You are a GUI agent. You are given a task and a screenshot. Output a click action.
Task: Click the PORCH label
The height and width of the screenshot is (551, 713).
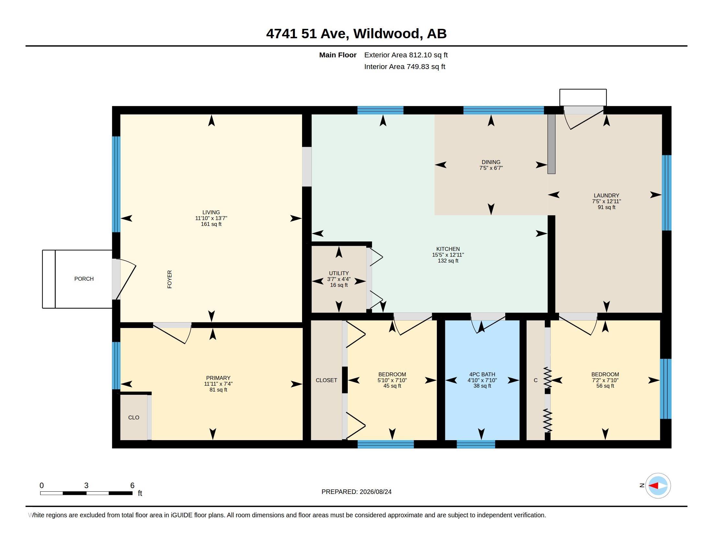84,279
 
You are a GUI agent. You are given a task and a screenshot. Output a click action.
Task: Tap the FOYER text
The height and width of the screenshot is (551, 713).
169,279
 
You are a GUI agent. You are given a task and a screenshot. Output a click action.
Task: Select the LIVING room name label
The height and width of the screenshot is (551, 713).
211,212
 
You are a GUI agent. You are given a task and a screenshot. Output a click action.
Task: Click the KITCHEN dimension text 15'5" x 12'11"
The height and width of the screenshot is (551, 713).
448,255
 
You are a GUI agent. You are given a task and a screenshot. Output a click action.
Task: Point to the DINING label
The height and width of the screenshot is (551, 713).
491,162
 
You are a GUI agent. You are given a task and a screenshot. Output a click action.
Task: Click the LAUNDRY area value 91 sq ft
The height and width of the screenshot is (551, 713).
606,207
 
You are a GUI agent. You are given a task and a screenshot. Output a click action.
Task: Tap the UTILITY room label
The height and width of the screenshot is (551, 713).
339,273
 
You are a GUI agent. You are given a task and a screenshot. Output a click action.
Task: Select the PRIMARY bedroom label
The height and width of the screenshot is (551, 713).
218,378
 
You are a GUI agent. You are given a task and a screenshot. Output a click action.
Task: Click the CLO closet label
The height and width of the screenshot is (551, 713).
134,417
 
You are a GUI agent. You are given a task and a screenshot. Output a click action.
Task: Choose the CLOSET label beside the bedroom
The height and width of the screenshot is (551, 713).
326,380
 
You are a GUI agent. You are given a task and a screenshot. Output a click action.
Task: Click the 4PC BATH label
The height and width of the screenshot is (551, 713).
482,374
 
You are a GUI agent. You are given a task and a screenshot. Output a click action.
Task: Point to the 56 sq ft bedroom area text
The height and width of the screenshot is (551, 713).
605,386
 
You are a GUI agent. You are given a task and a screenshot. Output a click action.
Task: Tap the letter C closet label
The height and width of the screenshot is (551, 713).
535,380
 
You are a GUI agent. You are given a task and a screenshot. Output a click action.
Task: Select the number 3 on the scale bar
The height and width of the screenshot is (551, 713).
86,486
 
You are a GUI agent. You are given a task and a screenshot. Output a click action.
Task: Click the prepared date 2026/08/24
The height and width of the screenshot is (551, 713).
375,492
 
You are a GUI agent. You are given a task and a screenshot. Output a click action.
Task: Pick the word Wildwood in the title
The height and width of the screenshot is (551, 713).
386,34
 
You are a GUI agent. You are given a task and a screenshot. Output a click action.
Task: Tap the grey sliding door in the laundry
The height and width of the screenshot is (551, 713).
551,144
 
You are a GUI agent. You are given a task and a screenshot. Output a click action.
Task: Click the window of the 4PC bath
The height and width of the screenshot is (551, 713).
476,444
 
